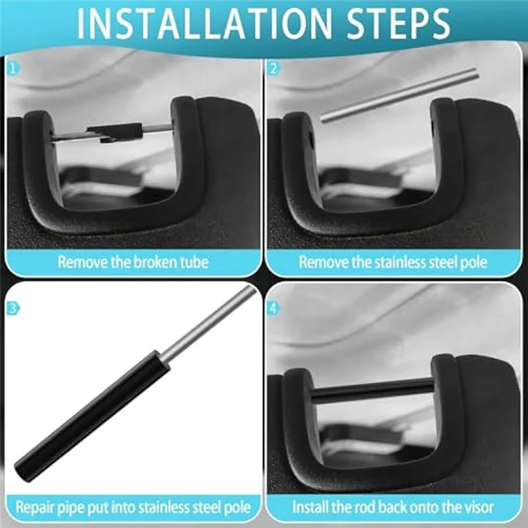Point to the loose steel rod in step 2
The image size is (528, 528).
click(x=399, y=95)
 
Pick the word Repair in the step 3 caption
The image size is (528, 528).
click(x=36, y=508)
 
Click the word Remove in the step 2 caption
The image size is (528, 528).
click(x=321, y=262)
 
